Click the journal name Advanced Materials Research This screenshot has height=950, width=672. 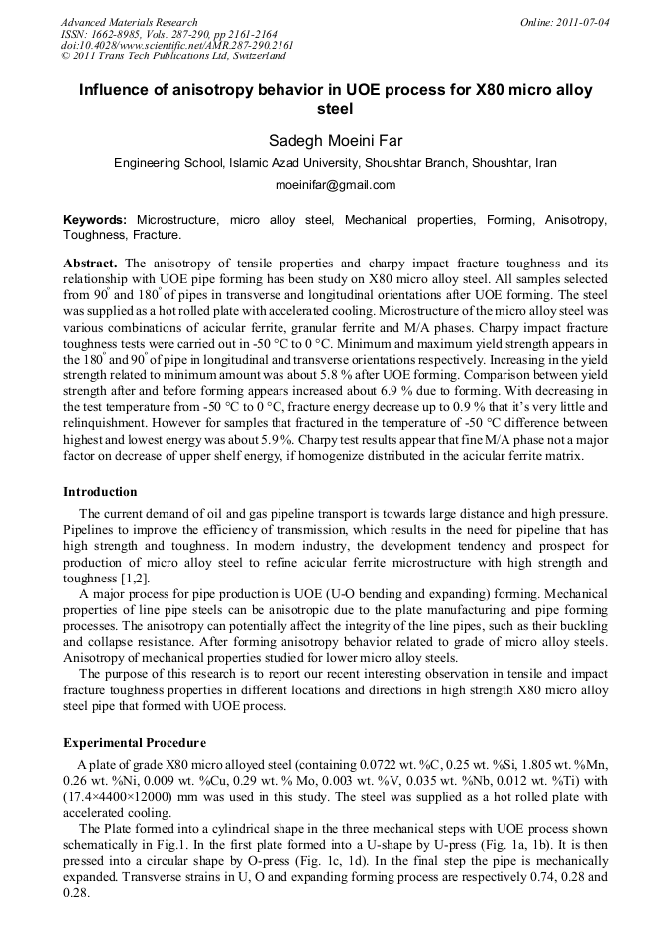coord(129,22)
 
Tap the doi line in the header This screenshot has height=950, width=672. coord(177,46)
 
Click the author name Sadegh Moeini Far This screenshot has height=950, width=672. coord(335,139)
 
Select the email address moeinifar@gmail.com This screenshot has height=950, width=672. coord(335,185)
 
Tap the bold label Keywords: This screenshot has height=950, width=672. coord(95,218)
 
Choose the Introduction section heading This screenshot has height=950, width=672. coord(100,492)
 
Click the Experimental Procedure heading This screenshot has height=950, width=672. coord(135,743)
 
